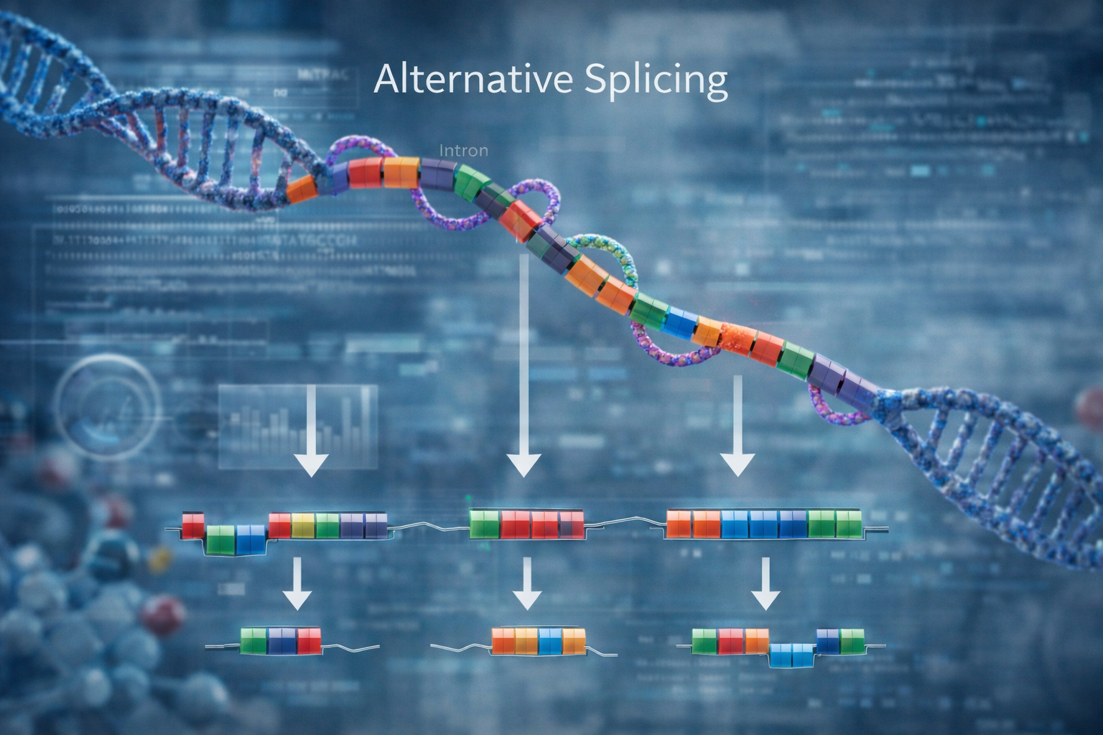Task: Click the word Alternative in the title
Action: pyautogui.click(x=474, y=80)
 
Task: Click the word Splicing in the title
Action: pyautogui.click(x=656, y=81)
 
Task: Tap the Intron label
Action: pyautogui.click(x=463, y=151)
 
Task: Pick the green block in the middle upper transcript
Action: pyautogui.click(x=484, y=525)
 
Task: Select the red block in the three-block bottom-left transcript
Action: pyautogui.click(x=309, y=640)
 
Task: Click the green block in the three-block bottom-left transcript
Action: pyautogui.click(x=253, y=640)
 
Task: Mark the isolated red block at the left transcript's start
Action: pyautogui.click(x=193, y=525)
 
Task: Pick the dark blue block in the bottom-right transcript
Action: pyautogui.click(x=827, y=640)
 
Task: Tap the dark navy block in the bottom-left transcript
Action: pyautogui.click(x=281, y=640)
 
